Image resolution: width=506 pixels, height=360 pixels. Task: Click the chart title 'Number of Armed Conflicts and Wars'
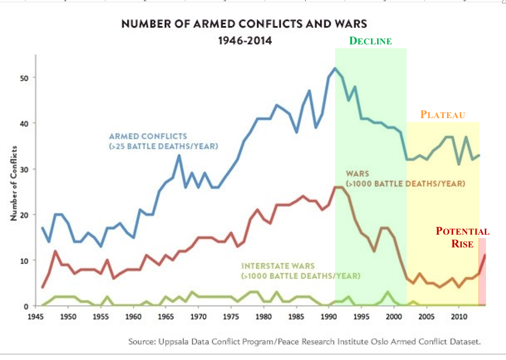(244, 24)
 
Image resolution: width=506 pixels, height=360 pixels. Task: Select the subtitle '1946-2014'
(245, 41)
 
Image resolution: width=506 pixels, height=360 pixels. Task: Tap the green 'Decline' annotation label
(370, 41)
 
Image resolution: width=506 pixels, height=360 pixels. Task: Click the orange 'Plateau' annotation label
(442, 115)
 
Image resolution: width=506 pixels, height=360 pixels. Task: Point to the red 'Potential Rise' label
(463, 237)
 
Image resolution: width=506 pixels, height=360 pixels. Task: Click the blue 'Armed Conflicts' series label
(148, 141)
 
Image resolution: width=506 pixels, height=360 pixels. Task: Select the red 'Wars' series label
(405, 178)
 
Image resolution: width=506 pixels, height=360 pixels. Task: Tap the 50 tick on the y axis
(25, 78)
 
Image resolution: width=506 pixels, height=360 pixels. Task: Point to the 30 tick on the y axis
(25, 169)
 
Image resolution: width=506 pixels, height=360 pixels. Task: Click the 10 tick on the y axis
(25, 260)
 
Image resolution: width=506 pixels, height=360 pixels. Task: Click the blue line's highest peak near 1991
(335, 68)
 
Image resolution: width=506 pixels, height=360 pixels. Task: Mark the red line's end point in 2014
(485, 255)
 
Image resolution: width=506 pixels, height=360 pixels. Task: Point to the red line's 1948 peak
(55, 251)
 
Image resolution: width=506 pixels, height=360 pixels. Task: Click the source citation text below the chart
(305, 342)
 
